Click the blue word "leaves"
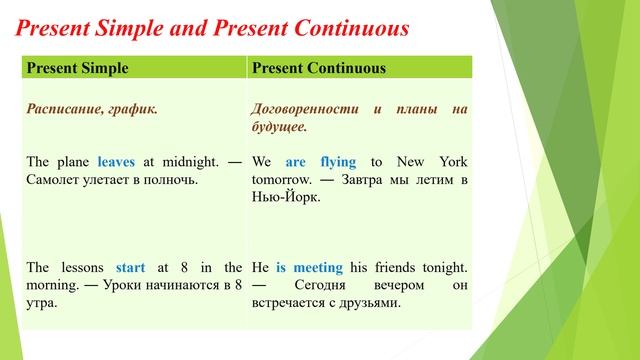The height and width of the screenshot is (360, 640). [x=116, y=161]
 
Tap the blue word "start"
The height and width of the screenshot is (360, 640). [x=130, y=268]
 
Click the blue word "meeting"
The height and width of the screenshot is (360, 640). [x=309, y=268]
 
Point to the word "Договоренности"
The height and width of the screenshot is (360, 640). [x=305, y=109]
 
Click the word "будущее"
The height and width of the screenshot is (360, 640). [x=279, y=128]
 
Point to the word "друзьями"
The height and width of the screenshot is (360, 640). [x=366, y=304]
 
